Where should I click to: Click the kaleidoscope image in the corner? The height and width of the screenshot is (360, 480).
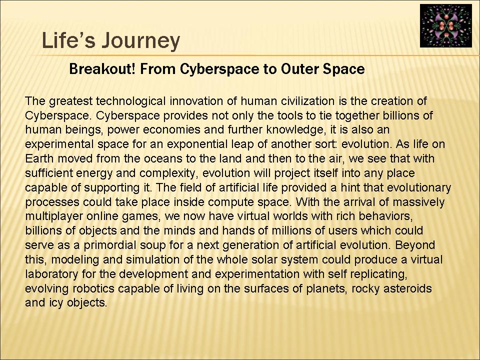(445, 25)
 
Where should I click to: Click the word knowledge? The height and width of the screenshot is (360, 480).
(295, 130)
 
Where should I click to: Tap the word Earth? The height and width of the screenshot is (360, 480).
(39, 158)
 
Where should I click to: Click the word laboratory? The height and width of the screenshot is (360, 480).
(51, 274)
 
